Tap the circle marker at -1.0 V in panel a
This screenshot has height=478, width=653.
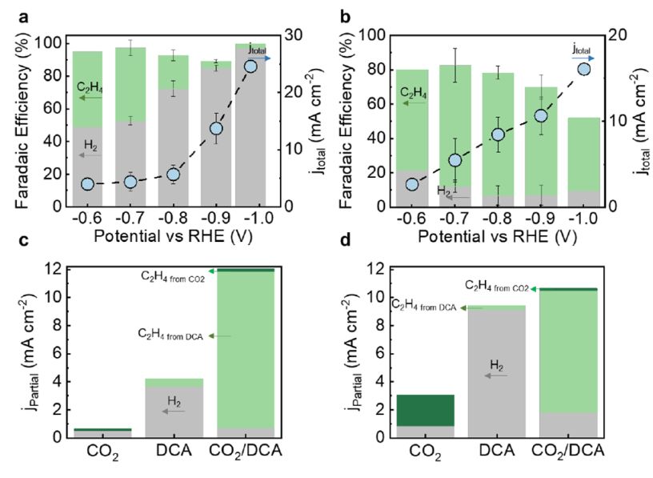(x=250, y=66)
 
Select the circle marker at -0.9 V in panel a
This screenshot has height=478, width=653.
(x=216, y=128)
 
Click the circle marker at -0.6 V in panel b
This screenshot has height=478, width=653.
(x=412, y=184)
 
